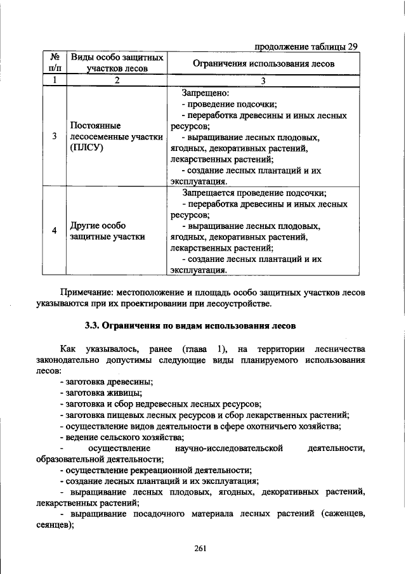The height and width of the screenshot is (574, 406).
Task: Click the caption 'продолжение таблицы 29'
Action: (x=306, y=46)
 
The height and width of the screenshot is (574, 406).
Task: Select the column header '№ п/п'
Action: (x=55, y=63)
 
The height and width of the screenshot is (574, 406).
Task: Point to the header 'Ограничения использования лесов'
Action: (x=263, y=63)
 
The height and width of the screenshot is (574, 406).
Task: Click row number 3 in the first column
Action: (x=55, y=136)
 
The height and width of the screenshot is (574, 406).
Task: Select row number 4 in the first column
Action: (x=55, y=231)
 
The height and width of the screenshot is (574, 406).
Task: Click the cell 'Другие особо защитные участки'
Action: (x=106, y=231)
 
